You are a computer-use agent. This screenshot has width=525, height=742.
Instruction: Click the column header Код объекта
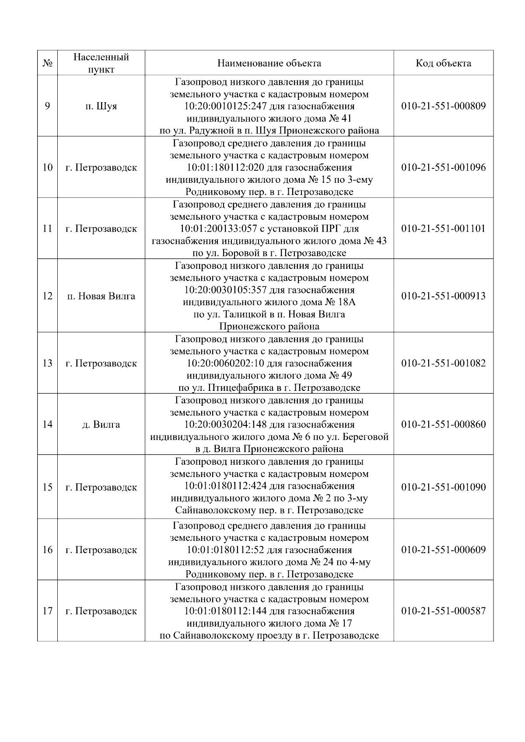[443, 63]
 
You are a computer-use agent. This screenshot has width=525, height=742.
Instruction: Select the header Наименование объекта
[269, 63]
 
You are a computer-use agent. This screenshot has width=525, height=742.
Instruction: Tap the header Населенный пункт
[101, 63]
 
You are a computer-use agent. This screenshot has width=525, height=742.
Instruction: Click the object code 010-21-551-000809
[443, 106]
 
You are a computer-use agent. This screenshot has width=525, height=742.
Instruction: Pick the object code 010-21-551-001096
[443, 167]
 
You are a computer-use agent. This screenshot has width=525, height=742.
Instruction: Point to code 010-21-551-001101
[443, 229]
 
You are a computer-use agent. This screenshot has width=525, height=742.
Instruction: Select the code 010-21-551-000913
[443, 296]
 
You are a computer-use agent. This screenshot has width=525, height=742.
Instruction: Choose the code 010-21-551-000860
[443, 425]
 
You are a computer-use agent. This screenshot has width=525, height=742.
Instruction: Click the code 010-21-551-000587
[443, 611]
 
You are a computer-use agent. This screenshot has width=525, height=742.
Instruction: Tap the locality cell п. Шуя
[101, 106]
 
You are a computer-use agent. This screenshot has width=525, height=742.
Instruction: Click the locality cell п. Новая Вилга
[101, 296]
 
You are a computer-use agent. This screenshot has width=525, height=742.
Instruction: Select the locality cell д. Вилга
[101, 425]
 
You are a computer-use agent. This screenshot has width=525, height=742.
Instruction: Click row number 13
[47, 363]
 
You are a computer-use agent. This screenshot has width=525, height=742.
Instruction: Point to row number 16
[47, 550]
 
